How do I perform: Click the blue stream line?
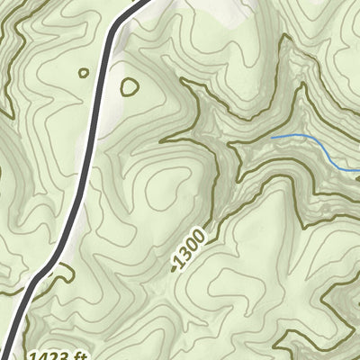click(306, 141)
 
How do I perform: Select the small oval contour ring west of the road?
click(84, 73)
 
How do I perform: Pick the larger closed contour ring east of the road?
click(129, 87)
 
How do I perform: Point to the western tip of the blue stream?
click(272, 137)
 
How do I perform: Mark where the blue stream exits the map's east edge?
click(357, 168)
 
